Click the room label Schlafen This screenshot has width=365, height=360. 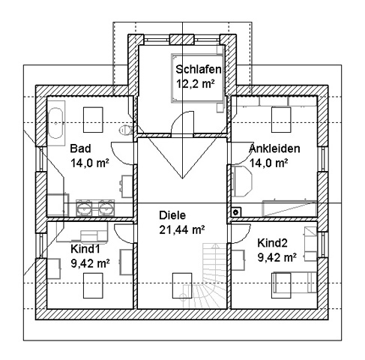pos(199,69)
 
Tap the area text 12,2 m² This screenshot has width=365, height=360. pos(196,84)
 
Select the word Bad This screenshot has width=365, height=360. pos(80,148)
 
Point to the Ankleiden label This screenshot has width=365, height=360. pos(274,148)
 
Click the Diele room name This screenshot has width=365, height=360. pos(172,215)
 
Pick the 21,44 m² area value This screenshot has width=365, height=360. pos(182,229)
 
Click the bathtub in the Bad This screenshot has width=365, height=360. pos(55,123)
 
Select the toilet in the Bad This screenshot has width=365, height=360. pos(125,130)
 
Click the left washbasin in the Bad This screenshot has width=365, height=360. pos(84,208)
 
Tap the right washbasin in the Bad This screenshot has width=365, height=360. pos(106,208)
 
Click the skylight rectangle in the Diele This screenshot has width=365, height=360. pos(182,286)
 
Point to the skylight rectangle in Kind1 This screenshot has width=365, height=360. pos(93,286)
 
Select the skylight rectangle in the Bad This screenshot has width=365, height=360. pos(93,120)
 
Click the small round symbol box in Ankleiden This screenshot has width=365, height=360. pos(235,212)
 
